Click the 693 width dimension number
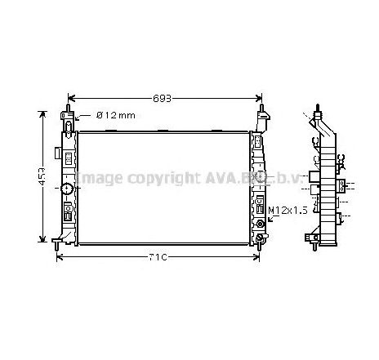pyautogui.click(x=163, y=98)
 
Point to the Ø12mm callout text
pyautogui.click(x=115, y=115)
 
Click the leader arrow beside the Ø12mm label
pyautogui.click(x=78, y=116)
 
